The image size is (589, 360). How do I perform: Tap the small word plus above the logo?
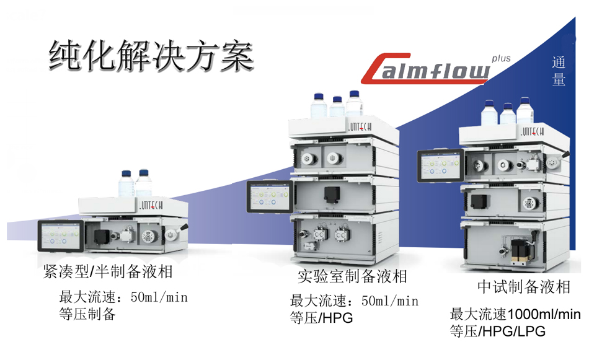pos(500,58)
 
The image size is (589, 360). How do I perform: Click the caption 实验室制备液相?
pos(352,276)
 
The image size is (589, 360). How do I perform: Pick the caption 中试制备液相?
pos(524,287)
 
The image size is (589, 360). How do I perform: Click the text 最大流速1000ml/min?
pos(515,314)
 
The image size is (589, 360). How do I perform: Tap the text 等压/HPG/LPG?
pos(498,331)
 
